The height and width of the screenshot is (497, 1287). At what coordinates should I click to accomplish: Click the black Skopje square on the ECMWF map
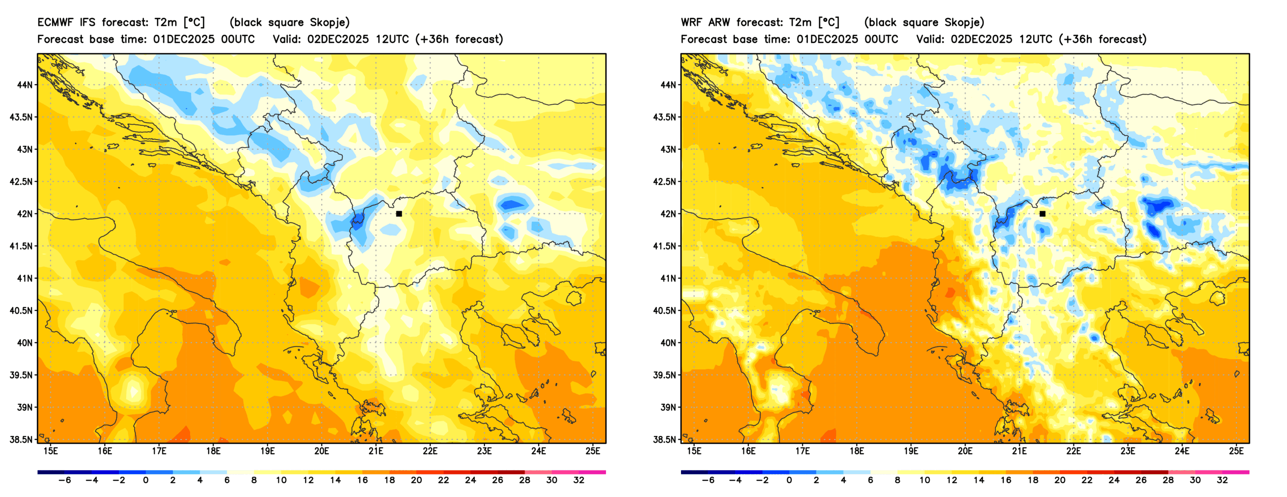399,214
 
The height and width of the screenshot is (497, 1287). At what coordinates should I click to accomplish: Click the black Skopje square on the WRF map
1042,214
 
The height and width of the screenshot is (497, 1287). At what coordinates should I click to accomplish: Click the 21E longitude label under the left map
376,451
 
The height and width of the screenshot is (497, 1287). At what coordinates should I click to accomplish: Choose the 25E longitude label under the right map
1236,451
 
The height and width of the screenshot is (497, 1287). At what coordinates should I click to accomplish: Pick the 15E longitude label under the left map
51,451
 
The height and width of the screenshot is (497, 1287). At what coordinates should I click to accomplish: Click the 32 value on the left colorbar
579,480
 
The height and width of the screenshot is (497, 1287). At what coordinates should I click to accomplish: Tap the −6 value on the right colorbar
708,480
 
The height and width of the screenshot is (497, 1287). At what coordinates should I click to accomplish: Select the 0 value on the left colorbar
145,480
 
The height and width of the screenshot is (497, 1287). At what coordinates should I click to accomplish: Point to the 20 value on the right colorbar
1060,480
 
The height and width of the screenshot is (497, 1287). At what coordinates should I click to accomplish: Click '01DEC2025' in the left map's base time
183,39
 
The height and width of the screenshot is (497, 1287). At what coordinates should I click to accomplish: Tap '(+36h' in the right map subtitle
1074,39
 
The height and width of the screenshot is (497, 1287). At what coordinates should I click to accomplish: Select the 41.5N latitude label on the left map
21,246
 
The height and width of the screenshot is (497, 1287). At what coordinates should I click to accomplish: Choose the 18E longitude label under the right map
857,451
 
